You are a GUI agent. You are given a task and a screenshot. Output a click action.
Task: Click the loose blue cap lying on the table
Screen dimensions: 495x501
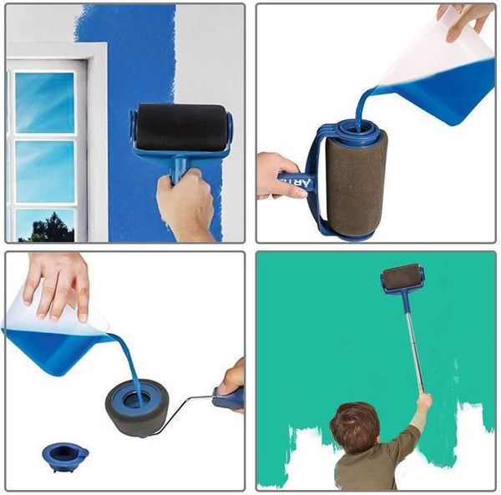[x=65, y=455]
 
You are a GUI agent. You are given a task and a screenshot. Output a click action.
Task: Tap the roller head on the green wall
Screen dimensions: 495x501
[x=402, y=277]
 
